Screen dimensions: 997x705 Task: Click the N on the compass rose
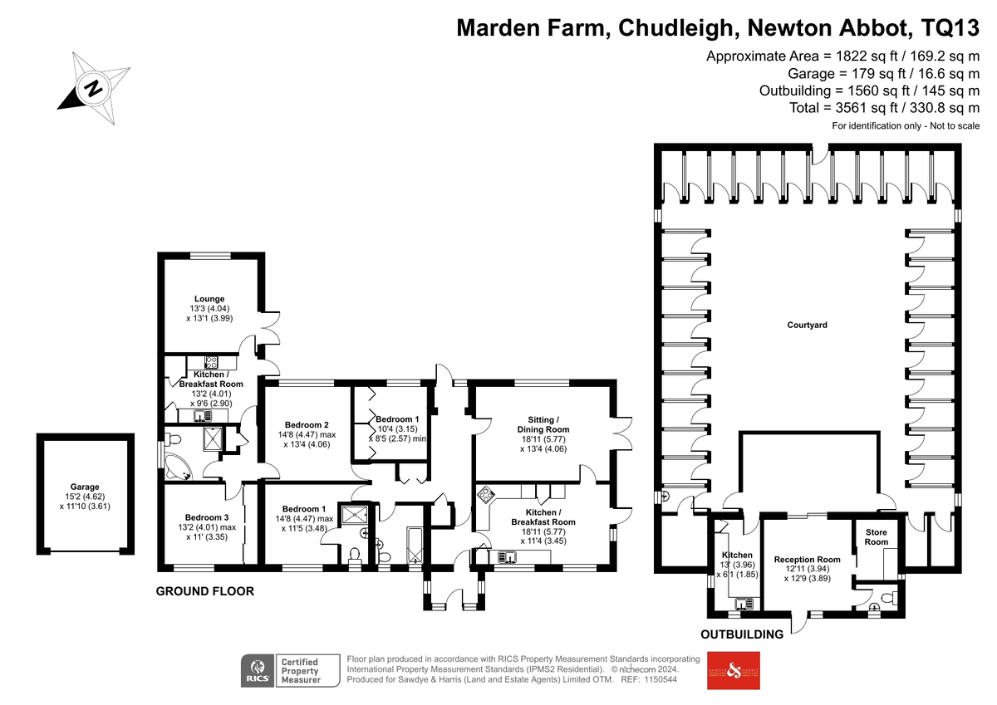pos(93,88)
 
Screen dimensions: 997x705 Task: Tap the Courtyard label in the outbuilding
pos(807,326)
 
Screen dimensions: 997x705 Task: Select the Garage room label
pos(85,487)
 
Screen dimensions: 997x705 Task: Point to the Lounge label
pos(209,299)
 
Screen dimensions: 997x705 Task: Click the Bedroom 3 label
pos(207,517)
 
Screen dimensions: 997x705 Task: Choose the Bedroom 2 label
pos(307,425)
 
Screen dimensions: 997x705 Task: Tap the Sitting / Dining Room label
pos(543,424)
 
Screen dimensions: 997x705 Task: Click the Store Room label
pos(877,537)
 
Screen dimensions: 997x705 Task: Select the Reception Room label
pos(807,560)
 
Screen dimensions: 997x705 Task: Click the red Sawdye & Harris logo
pos(734,670)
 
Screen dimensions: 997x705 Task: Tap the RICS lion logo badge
pos(258,670)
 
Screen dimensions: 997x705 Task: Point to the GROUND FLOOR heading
pos(204,591)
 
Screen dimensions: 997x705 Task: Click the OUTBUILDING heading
pos(742,634)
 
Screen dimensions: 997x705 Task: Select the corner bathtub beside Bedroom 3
pos(178,467)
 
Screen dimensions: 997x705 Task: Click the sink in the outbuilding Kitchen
pos(744,604)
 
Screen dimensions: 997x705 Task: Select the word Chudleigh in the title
pos(675,28)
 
